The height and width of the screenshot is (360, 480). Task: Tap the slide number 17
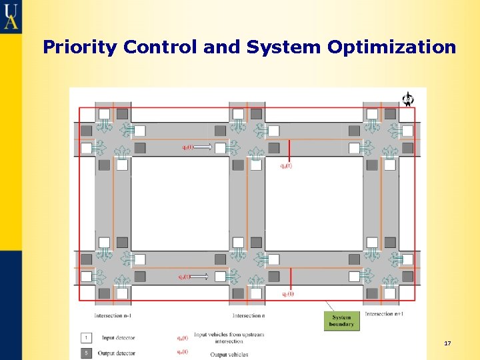[447, 343]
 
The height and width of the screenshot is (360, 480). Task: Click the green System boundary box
[341, 321]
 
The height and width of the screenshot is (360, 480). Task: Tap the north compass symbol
[407, 99]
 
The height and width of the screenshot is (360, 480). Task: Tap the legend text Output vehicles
[229, 354]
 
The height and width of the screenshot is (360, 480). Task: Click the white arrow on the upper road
[204, 147]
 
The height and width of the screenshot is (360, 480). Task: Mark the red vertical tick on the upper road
[289, 150]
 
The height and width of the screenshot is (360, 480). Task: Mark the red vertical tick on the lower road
[289, 279]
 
